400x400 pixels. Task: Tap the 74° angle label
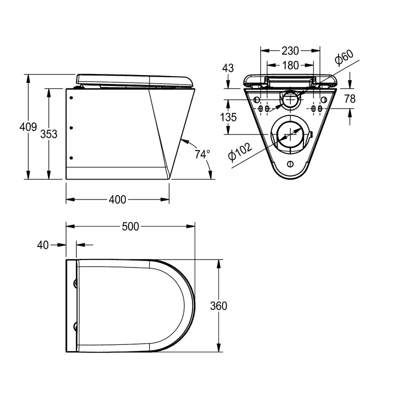click(x=202, y=154)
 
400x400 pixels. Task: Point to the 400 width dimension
click(x=117, y=199)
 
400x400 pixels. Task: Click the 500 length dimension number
click(x=130, y=226)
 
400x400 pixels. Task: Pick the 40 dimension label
click(x=43, y=244)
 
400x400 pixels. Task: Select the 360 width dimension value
click(x=218, y=306)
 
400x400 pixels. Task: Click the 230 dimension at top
click(x=290, y=50)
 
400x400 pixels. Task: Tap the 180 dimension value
click(x=290, y=65)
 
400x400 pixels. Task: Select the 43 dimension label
click(x=228, y=68)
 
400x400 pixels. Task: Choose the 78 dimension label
click(x=349, y=99)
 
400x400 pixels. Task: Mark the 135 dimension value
click(x=228, y=118)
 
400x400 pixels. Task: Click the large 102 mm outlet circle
click(x=289, y=135)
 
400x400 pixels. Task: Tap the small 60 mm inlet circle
click(x=289, y=99)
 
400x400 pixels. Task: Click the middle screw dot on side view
click(x=71, y=128)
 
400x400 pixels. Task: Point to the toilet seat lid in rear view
click(x=289, y=78)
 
